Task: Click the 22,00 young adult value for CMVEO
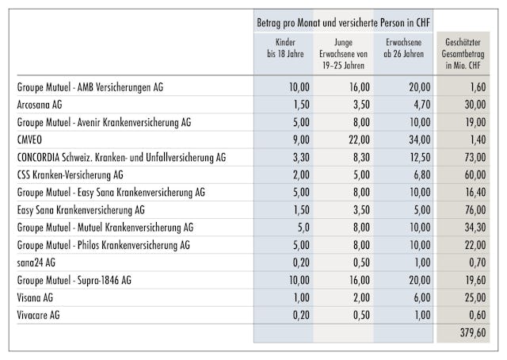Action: pos(353,140)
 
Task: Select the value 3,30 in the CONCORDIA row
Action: pos(295,158)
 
